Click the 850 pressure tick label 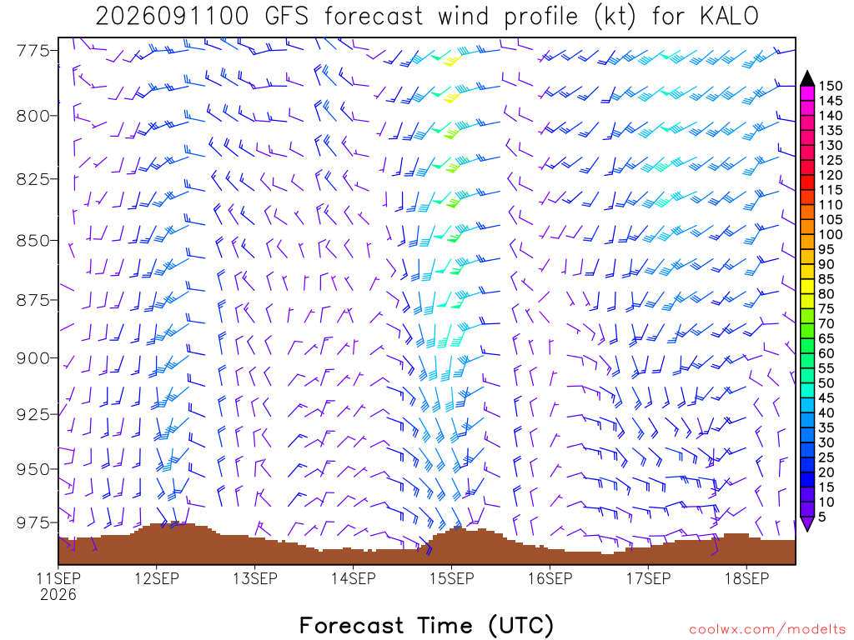pos(33,241)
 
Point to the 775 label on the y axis pos(33,51)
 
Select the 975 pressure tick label pos(33,523)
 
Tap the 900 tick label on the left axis pos(33,358)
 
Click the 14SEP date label pos(354,578)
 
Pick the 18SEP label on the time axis pos(746,578)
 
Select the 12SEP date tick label pos(157,578)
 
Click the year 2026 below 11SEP pos(58,595)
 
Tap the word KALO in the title pos(729,17)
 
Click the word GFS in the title pos(287,17)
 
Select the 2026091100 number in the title pos(172,17)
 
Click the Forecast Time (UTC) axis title pos(426,625)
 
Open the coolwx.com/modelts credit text pos(767,630)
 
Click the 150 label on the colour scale pos(831,86)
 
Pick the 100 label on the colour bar pos(831,234)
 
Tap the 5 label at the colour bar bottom pos(822,517)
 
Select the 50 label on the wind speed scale pos(826,383)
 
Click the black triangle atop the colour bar pos(807,79)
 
